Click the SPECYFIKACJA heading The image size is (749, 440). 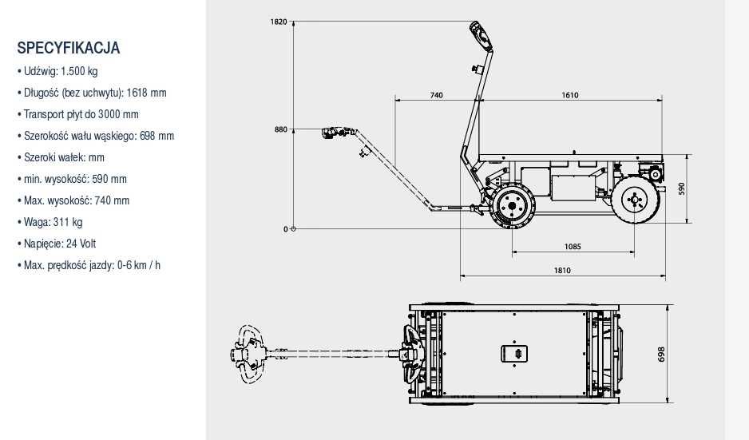pos(69,48)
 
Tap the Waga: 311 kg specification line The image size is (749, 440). pos(50,222)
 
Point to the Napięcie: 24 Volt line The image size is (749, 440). pos(57,244)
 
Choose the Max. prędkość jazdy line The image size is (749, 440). pos(89,265)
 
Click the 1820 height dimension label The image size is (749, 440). pos(279,22)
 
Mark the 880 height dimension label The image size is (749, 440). pos(281,129)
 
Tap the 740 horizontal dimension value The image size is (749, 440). pos(436,95)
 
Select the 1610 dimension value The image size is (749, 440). pos(570,95)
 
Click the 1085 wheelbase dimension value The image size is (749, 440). pos(573,247)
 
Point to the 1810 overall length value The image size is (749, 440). pos(562,271)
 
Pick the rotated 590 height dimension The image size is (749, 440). pos(682,188)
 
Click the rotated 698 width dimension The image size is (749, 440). pos(662,354)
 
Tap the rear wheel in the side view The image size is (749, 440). pos(636,200)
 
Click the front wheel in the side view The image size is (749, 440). pos(512,206)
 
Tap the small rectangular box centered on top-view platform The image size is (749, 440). pos(514,354)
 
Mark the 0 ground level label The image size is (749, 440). pos(286,229)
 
